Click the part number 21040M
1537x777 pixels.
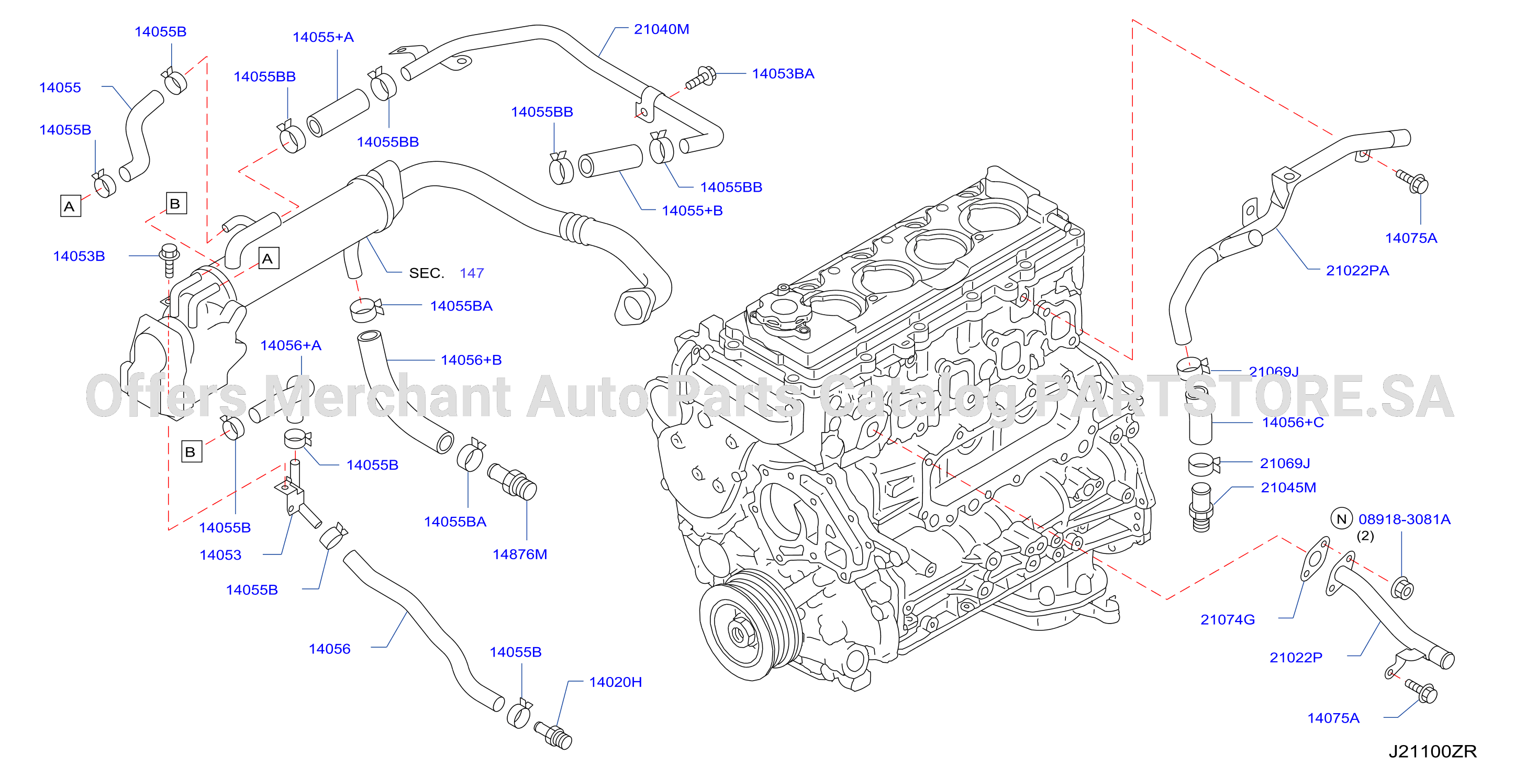[x=661, y=29]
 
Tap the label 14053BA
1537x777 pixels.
[x=783, y=73]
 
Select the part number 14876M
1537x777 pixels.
[x=520, y=554]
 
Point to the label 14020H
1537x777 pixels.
[x=615, y=682]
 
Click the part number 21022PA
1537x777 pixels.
[x=1357, y=270]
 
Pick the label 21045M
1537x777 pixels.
[x=1288, y=487]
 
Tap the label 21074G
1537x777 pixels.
[x=1227, y=619]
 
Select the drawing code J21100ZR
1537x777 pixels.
[x=1433, y=751]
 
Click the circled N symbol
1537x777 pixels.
[x=1342, y=518]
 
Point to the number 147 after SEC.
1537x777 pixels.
[x=471, y=273]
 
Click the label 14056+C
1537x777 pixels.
[x=1293, y=422]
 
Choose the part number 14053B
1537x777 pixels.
[x=79, y=256]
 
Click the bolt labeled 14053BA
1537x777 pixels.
[x=700, y=78]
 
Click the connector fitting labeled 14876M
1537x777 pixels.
[x=513, y=481]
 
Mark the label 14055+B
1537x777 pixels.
[x=692, y=210]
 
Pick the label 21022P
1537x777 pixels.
[x=1295, y=657]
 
